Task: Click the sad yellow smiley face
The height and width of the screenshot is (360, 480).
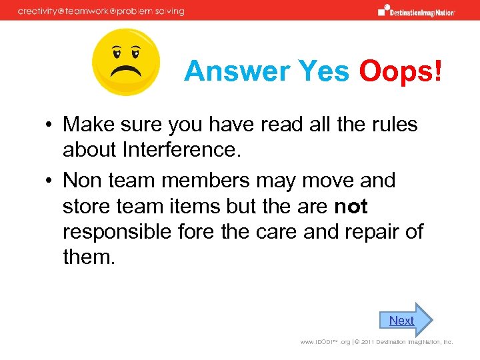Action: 126,62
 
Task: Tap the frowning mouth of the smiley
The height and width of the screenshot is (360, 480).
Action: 126,70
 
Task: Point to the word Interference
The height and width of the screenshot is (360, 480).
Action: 179,150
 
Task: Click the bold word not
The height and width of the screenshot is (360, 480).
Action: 351,207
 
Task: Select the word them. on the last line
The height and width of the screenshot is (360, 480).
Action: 89,256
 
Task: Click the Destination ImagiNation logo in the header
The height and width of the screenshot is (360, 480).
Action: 417,11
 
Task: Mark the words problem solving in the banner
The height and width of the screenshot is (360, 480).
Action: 153,11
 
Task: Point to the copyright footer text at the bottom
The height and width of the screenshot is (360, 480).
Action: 377,342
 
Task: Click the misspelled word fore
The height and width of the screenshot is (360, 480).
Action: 204,231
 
